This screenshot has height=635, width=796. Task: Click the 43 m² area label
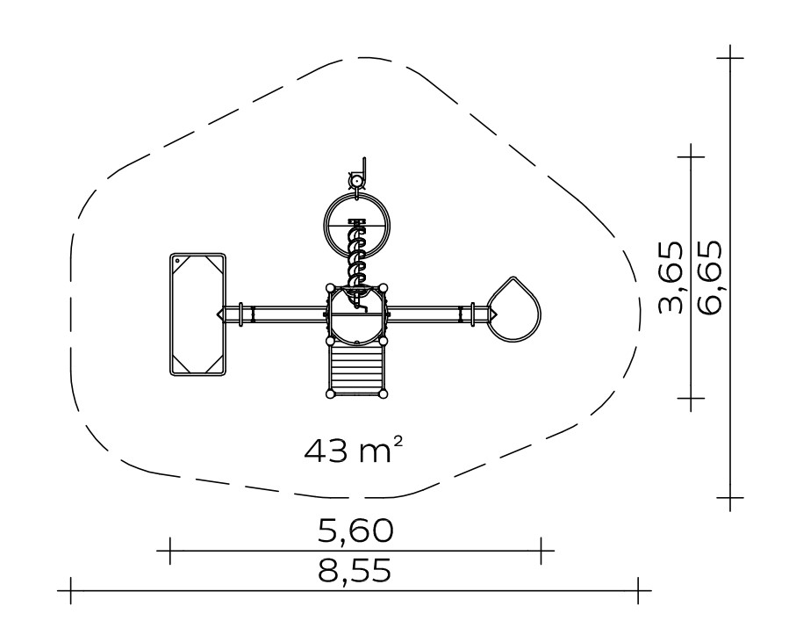pyautogui.click(x=354, y=450)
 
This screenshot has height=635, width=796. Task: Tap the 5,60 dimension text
pyautogui.click(x=355, y=530)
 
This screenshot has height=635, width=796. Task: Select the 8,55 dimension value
pyautogui.click(x=355, y=571)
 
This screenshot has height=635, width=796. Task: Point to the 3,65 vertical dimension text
pyautogui.click(x=671, y=277)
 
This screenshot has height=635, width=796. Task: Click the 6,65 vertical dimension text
pyautogui.click(x=709, y=277)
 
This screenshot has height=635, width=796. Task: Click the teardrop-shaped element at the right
pyautogui.click(x=513, y=309)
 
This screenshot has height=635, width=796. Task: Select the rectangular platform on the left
pyautogui.click(x=197, y=314)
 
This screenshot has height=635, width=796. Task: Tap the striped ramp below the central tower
pyautogui.click(x=355, y=368)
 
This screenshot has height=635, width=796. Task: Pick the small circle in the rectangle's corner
pyautogui.click(x=177, y=261)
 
